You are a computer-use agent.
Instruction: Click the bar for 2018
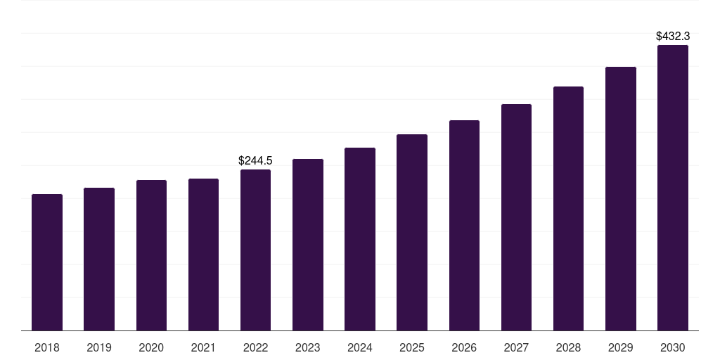click(x=47, y=262)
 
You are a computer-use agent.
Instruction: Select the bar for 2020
click(x=151, y=255)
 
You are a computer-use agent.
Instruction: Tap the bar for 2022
click(x=255, y=250)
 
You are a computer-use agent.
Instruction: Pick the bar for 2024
click(x=360, y=239)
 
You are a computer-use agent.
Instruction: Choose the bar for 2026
click(x=464, y=225)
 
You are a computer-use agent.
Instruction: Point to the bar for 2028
click(x=568, y=208)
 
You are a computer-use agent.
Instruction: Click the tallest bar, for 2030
click(x=673, y=188)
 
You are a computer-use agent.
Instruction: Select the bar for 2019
click(x=99, y=259)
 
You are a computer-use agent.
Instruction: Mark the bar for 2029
click(x=621, y=198)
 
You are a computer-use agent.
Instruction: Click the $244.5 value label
click(x=255, y=161)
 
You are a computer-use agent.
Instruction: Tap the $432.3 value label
click(x=673, y=36)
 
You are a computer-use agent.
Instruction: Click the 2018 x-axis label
click(x=47, y=347)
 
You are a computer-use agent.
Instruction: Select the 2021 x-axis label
click(x=203, y=347)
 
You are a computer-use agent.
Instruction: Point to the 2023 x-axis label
click(x=308, y=347)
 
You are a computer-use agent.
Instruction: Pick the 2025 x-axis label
click(x=412, y=347)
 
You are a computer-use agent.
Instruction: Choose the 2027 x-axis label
click(x=516, y=347)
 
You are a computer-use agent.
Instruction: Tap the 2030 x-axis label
click(x=673, y=347)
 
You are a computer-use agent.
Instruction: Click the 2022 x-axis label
click(x=255, y=347)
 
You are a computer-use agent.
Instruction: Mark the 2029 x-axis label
click(x=621, y=347)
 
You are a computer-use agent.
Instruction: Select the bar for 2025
click(x=412, y=232)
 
